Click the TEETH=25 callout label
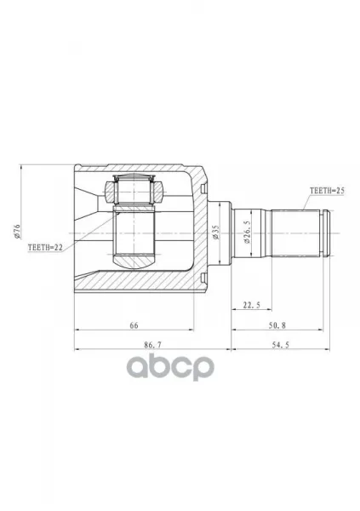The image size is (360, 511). pos(327,191)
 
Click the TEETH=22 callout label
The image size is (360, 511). pos(45,247)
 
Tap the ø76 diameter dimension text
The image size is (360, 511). pos(17,232)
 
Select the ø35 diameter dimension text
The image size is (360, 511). pos(216,233)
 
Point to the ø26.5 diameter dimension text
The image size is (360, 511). pos(248,232)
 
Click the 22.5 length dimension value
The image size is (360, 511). pos(252,306)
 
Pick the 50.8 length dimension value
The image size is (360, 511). pos(277,325)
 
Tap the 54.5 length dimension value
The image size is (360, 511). pos(281,345)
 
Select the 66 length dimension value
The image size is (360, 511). pos(134,325)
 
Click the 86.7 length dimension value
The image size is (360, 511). pos(153,345)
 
